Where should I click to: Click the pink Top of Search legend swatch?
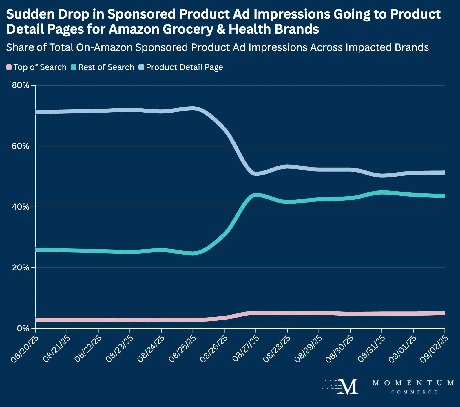coord(9,67)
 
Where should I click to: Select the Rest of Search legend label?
coord(106,67)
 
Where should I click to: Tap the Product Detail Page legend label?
coord(184,67)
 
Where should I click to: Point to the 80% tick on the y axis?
coord(21,85)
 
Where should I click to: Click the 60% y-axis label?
coord(21,146)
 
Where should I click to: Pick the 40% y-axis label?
coord(21,207)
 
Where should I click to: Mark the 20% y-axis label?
coord(21,268)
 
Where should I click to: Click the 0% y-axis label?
coord(23,329)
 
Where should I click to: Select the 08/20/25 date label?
coord(24,349)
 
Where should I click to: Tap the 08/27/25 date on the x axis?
coord(245,349)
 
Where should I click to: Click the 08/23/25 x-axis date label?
coord(119,349)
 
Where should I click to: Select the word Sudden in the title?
coord(25,14)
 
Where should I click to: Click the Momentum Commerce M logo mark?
coord(348,386)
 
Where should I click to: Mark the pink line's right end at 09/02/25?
coord(444,313)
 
